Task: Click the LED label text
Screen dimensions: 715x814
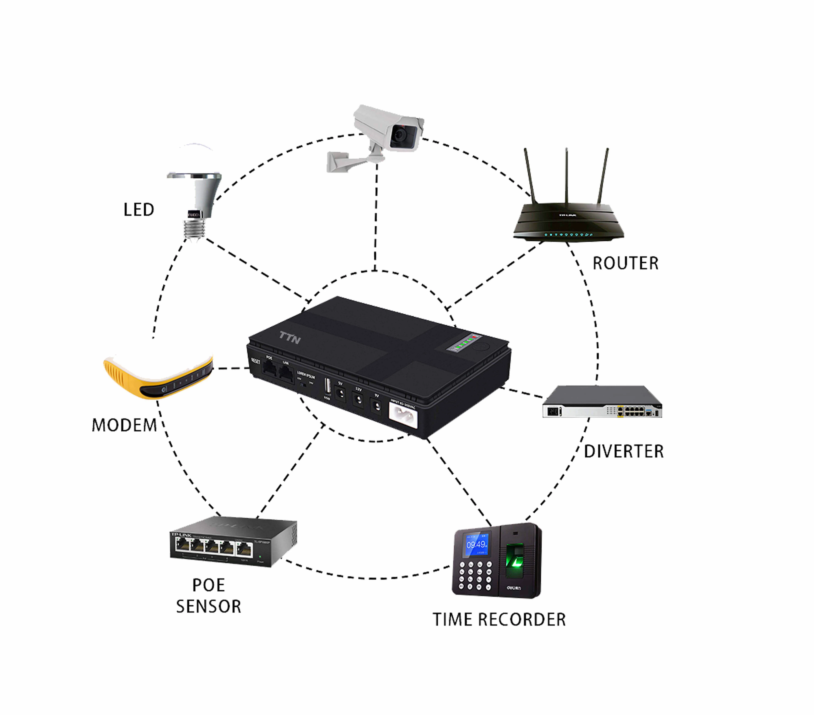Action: pos(139,210)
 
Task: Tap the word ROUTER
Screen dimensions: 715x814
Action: pos(625,263)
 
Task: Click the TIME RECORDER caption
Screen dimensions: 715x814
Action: pos(499,620)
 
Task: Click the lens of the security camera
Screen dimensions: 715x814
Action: pos(399,136)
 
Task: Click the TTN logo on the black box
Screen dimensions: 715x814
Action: pos(290,338)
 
